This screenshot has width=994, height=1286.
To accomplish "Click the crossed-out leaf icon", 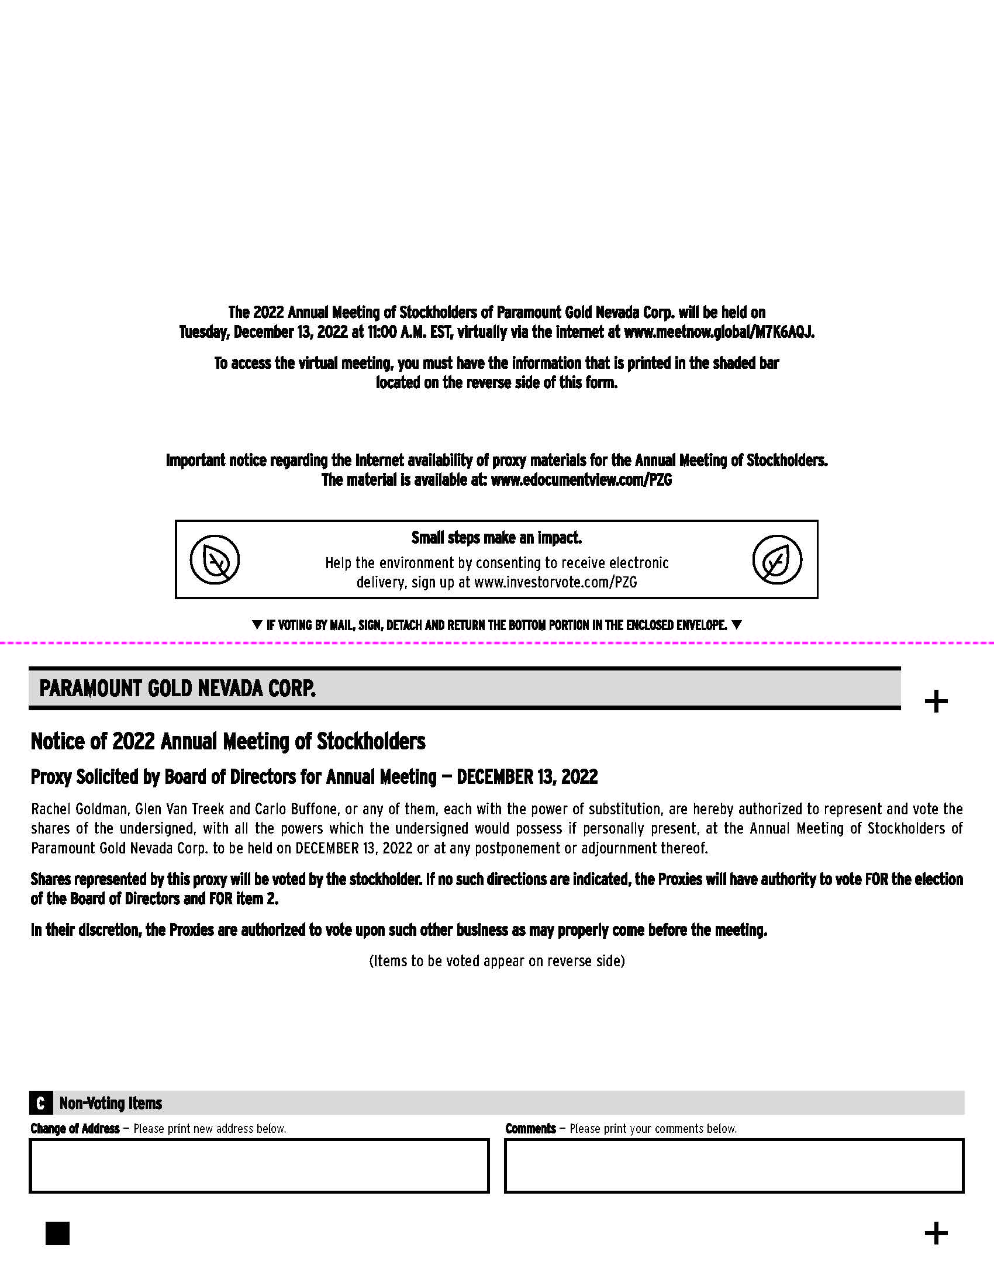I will click(215, 559).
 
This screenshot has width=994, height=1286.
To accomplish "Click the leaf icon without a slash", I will click(776, 559).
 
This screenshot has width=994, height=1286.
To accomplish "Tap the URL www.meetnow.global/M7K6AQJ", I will click(719, 332).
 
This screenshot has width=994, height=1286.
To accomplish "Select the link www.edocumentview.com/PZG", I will click(581, 480).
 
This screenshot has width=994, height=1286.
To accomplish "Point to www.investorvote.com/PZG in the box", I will click(555, 582).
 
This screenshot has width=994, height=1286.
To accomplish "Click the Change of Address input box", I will click(259, 1166).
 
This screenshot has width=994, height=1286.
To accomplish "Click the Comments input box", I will click(734, 1166).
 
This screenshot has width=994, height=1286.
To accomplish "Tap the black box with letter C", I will click(40, 1103).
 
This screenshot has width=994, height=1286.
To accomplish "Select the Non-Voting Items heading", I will click(111, 1103).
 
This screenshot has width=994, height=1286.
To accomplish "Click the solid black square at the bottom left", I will click(57, 1233).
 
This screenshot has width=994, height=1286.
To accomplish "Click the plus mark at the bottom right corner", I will click(936, 1233).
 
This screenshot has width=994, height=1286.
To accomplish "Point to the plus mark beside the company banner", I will click(936, 701).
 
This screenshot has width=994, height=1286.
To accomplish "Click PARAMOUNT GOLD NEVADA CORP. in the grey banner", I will click(177, 688).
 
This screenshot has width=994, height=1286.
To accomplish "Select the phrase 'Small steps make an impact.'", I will click(496, 538).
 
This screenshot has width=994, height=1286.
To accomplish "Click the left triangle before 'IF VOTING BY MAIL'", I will click(257, 625).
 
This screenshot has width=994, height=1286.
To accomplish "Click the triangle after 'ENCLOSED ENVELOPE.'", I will click(736, 625).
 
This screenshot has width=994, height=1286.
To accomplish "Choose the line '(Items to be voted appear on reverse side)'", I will click(496, 961).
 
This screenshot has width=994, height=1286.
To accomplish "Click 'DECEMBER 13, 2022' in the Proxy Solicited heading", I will click(527, 777).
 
